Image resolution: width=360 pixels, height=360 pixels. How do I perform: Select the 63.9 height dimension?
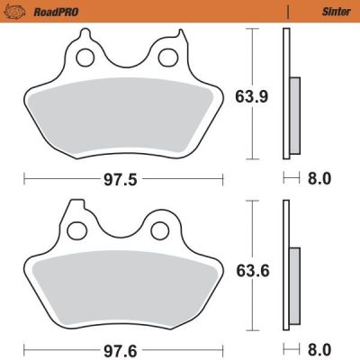click(x=253, y=94)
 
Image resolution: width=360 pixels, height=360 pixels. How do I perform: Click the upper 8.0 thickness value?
click(x=319, y=178)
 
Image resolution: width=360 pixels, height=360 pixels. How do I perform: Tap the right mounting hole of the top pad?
click(x=166, y=58)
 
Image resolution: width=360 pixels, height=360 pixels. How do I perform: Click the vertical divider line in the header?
click(x=286, y=12)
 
